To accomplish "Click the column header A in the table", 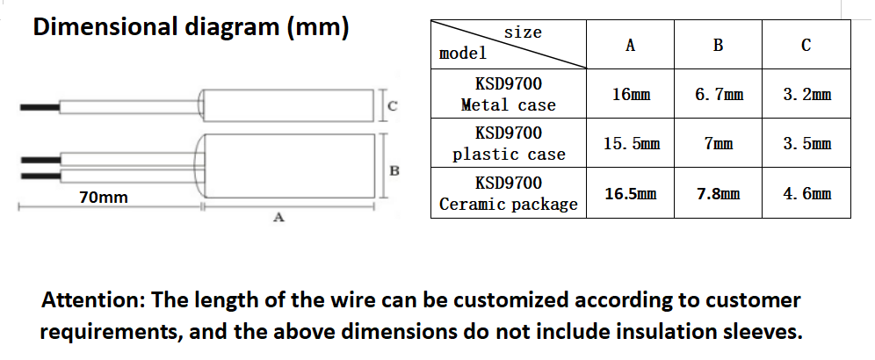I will coord(631,46).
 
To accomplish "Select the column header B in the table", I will coord(718,46).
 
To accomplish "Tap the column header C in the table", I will coord(806,46).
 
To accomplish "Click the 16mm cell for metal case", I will coord(631,94).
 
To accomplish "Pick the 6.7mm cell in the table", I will coord(718,94).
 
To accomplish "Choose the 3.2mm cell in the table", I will coord(806,94).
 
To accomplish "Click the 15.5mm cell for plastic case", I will coord(631,143).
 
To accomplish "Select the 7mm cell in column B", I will coord(718,143).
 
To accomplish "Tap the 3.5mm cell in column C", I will coord(806,143).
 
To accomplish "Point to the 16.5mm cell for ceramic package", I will coord(631,193).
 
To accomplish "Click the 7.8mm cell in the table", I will coord(718,193).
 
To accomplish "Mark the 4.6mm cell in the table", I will coord(806,193).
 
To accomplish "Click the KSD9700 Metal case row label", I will coord(508,94).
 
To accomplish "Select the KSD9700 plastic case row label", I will coord(508,143).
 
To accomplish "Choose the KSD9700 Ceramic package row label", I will coord(508,193).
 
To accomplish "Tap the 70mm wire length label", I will coord(103,198).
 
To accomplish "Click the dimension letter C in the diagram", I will coord(393,106).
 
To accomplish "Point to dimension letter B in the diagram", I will coord(394,169).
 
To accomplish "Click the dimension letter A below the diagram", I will coord(278,218).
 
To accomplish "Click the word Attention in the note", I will coord(94,300).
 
